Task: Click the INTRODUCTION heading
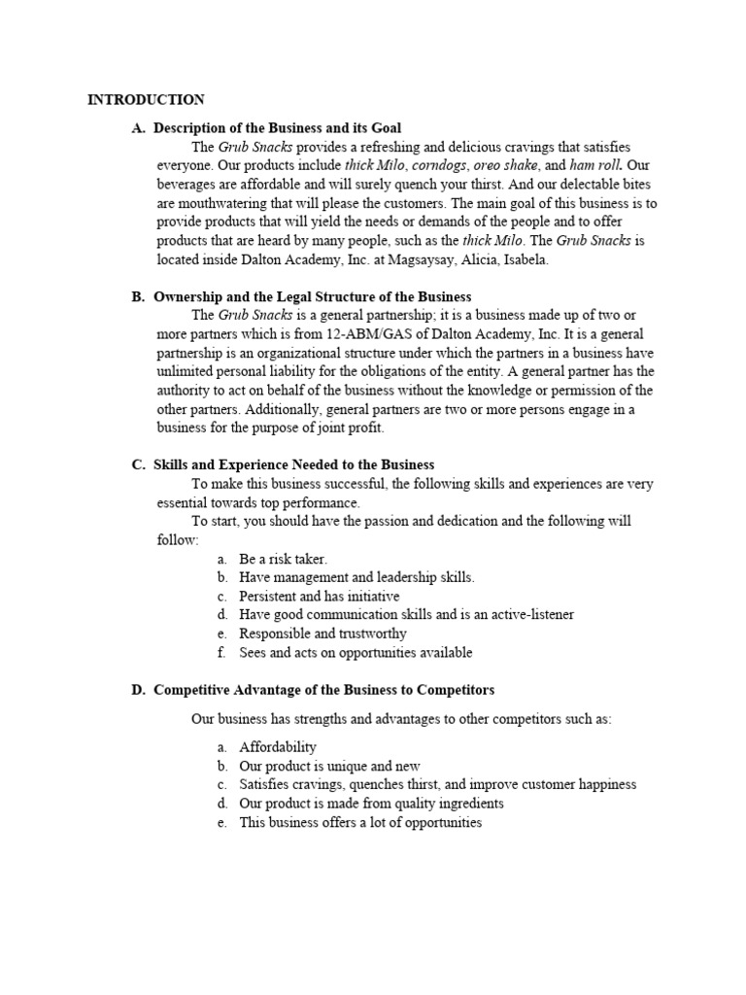146,99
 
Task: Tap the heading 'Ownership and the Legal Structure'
312,296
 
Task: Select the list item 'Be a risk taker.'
283,559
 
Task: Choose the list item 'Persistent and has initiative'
319,596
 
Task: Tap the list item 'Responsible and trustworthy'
322,634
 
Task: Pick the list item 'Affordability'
278,747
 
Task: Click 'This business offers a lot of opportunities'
360,822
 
